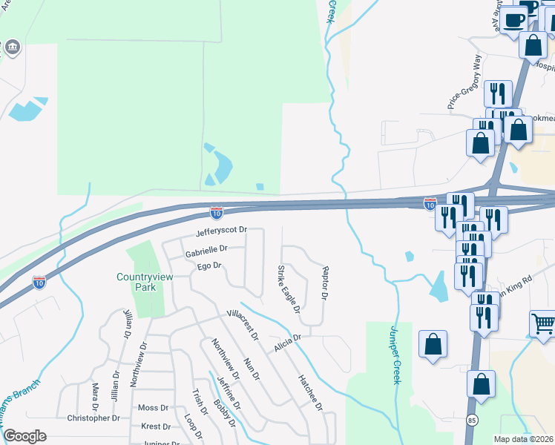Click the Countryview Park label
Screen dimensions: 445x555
pyautogui.click(x=145, y=283)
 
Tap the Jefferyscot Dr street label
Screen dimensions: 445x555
pyautogui.click(x=220, y=232)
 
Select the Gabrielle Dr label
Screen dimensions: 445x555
pyautogui.click(x=206, y=251)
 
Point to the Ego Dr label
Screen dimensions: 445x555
pyautogui.click(x=209, y=266)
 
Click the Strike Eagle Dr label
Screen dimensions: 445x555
pyautogui.click(x=288, y=289)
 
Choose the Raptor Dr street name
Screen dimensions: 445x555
pyautogui.click(x=324, y=283)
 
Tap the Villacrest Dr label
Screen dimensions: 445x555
pyautogui.click(x=243, y=324)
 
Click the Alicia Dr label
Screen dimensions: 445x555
pyautogui.click(x=287, y=342)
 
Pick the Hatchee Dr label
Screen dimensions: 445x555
pyautogui.click(x=311, y=392)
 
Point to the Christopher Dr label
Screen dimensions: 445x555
pyautogui.click(x=93, y=418)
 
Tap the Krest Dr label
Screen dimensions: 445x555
pyautogui.click(x=156, y=426)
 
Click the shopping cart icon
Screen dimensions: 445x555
pyautogui.click(x=543, y=323)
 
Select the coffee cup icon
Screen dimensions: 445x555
pyautogui.click(x=513, y=20)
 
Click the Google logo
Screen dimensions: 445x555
pyautogui.click(x=24, y=436)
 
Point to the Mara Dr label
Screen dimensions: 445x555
pyautogui.click(x=95, y=397)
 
